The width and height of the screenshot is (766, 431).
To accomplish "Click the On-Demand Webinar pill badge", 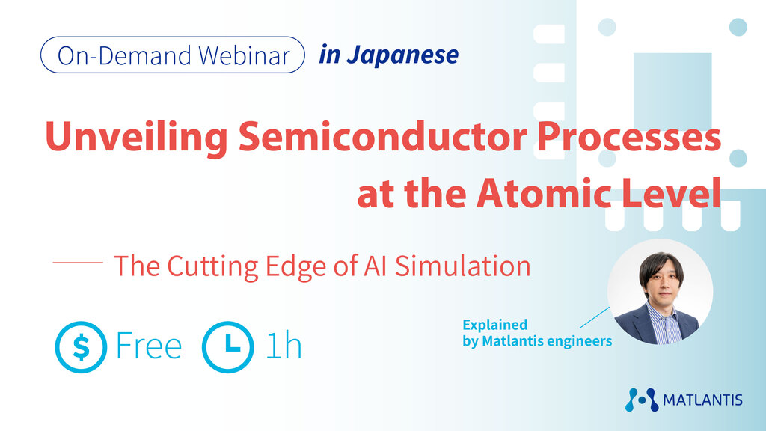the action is (173, 55).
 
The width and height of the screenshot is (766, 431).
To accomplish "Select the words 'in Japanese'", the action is (389, 55).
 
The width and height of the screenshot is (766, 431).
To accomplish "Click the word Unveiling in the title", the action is (136, 138).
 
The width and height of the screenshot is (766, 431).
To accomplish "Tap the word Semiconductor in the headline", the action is (382, 136).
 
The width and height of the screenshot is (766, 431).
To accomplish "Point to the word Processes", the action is (629, 136).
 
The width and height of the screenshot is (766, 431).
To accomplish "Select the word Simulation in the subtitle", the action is (462, 266).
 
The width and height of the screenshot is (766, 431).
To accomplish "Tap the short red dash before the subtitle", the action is (78, 263).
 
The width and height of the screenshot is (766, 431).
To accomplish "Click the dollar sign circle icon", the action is (81, 347).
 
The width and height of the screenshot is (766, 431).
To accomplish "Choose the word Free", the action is (149, 346).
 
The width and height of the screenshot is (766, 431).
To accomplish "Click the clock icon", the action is (228, 347).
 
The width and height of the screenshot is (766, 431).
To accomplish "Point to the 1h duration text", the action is (284, 346).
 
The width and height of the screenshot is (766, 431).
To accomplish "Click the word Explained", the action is (495, 325).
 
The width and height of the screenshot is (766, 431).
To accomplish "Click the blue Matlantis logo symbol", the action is (642, 400).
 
